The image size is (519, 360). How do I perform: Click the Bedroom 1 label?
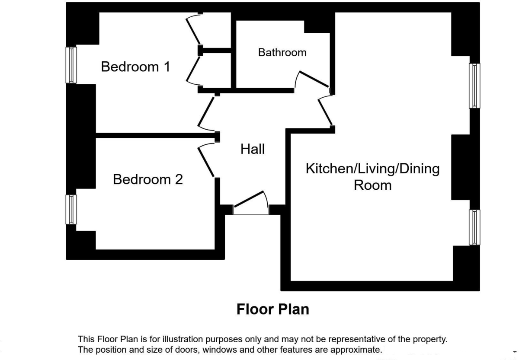pyautogui.click(x=135, y=67)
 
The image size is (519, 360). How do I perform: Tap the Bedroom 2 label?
pyautogui.click(x=148, y=179)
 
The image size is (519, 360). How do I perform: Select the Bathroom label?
pyautogui.click(x=282, y=53)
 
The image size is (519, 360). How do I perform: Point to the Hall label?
pyautogui.click(x=253, y=149)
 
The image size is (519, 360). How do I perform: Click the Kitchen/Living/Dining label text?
pyautogui.click(x=372, y=169)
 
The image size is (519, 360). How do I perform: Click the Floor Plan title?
pyautogui.click(x=273, y=309)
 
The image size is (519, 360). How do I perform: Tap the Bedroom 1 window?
pyautogui.click(x=71, y=65)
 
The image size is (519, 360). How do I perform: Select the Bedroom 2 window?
pyautogui.click(x=71, y=210)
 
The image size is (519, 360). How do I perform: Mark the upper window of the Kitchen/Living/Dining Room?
pyautogui.click(x=474, y=86)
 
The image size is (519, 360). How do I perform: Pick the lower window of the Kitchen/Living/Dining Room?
pyautogui.click(x=474, y=227)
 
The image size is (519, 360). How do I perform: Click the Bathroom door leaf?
pyautogui.click(x=314, y=79)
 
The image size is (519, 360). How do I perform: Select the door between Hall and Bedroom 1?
pyautogui.click(x=206, y=112)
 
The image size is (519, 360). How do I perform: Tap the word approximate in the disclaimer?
pyautogui.click(x=356, y=350)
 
